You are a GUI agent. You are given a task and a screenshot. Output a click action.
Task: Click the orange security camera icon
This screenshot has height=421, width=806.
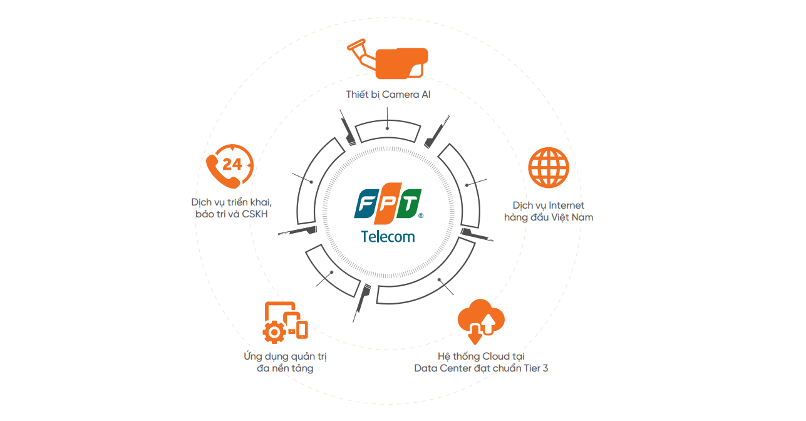[x=391, y=61]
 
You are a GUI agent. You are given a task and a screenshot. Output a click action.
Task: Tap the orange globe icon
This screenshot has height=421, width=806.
[x=549, y=169]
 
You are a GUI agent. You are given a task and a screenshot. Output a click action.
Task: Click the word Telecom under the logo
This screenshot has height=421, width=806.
[x=388, y=236]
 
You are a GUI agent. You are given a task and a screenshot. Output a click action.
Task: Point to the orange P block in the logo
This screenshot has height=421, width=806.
[x=388, y=204]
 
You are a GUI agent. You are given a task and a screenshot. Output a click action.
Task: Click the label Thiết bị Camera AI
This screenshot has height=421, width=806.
[x=388, y=95]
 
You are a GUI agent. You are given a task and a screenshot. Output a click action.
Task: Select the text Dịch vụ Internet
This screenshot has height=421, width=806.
[x=548, y=205]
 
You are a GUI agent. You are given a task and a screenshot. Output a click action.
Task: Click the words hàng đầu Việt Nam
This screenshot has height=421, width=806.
[x=548, y=217]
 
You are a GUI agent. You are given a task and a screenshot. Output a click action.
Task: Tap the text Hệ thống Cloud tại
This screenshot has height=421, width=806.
[x=480, y=356]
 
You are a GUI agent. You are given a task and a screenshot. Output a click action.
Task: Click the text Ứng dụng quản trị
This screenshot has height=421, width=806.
[x=285, y=356]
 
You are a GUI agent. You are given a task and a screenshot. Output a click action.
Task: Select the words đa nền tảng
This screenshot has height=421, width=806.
[x=285, y=368]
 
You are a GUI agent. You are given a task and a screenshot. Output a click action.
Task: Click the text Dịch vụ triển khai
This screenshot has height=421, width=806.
[x=231, y=203]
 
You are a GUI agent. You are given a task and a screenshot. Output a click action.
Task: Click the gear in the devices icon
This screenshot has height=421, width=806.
[x=273, y=332]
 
